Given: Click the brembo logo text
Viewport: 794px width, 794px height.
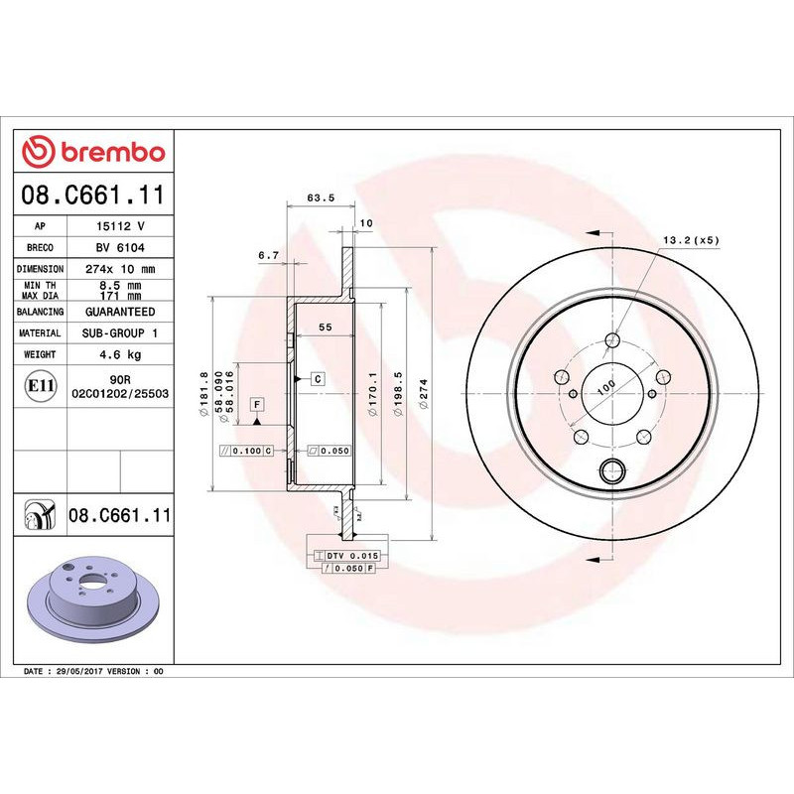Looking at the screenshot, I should coord(110,152).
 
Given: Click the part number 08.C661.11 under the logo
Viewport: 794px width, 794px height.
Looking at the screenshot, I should coord(93,196).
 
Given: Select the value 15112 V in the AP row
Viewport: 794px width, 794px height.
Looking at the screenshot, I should coord(120,226).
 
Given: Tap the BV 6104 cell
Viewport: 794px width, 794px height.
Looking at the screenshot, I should coord(120,247).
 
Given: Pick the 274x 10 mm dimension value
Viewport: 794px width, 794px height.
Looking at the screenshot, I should coord(120,269).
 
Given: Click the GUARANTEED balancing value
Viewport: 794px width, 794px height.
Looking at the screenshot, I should coord(120,312).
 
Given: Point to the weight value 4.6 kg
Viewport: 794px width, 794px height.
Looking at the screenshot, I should coord(120,354).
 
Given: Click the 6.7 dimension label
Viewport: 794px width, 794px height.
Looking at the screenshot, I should coord(268,256).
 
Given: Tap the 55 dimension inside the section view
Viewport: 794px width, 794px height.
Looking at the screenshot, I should coord(324,328).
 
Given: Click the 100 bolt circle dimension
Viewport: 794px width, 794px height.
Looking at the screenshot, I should coord(604,386).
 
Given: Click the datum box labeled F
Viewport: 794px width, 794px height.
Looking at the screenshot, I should coord(257,404).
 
